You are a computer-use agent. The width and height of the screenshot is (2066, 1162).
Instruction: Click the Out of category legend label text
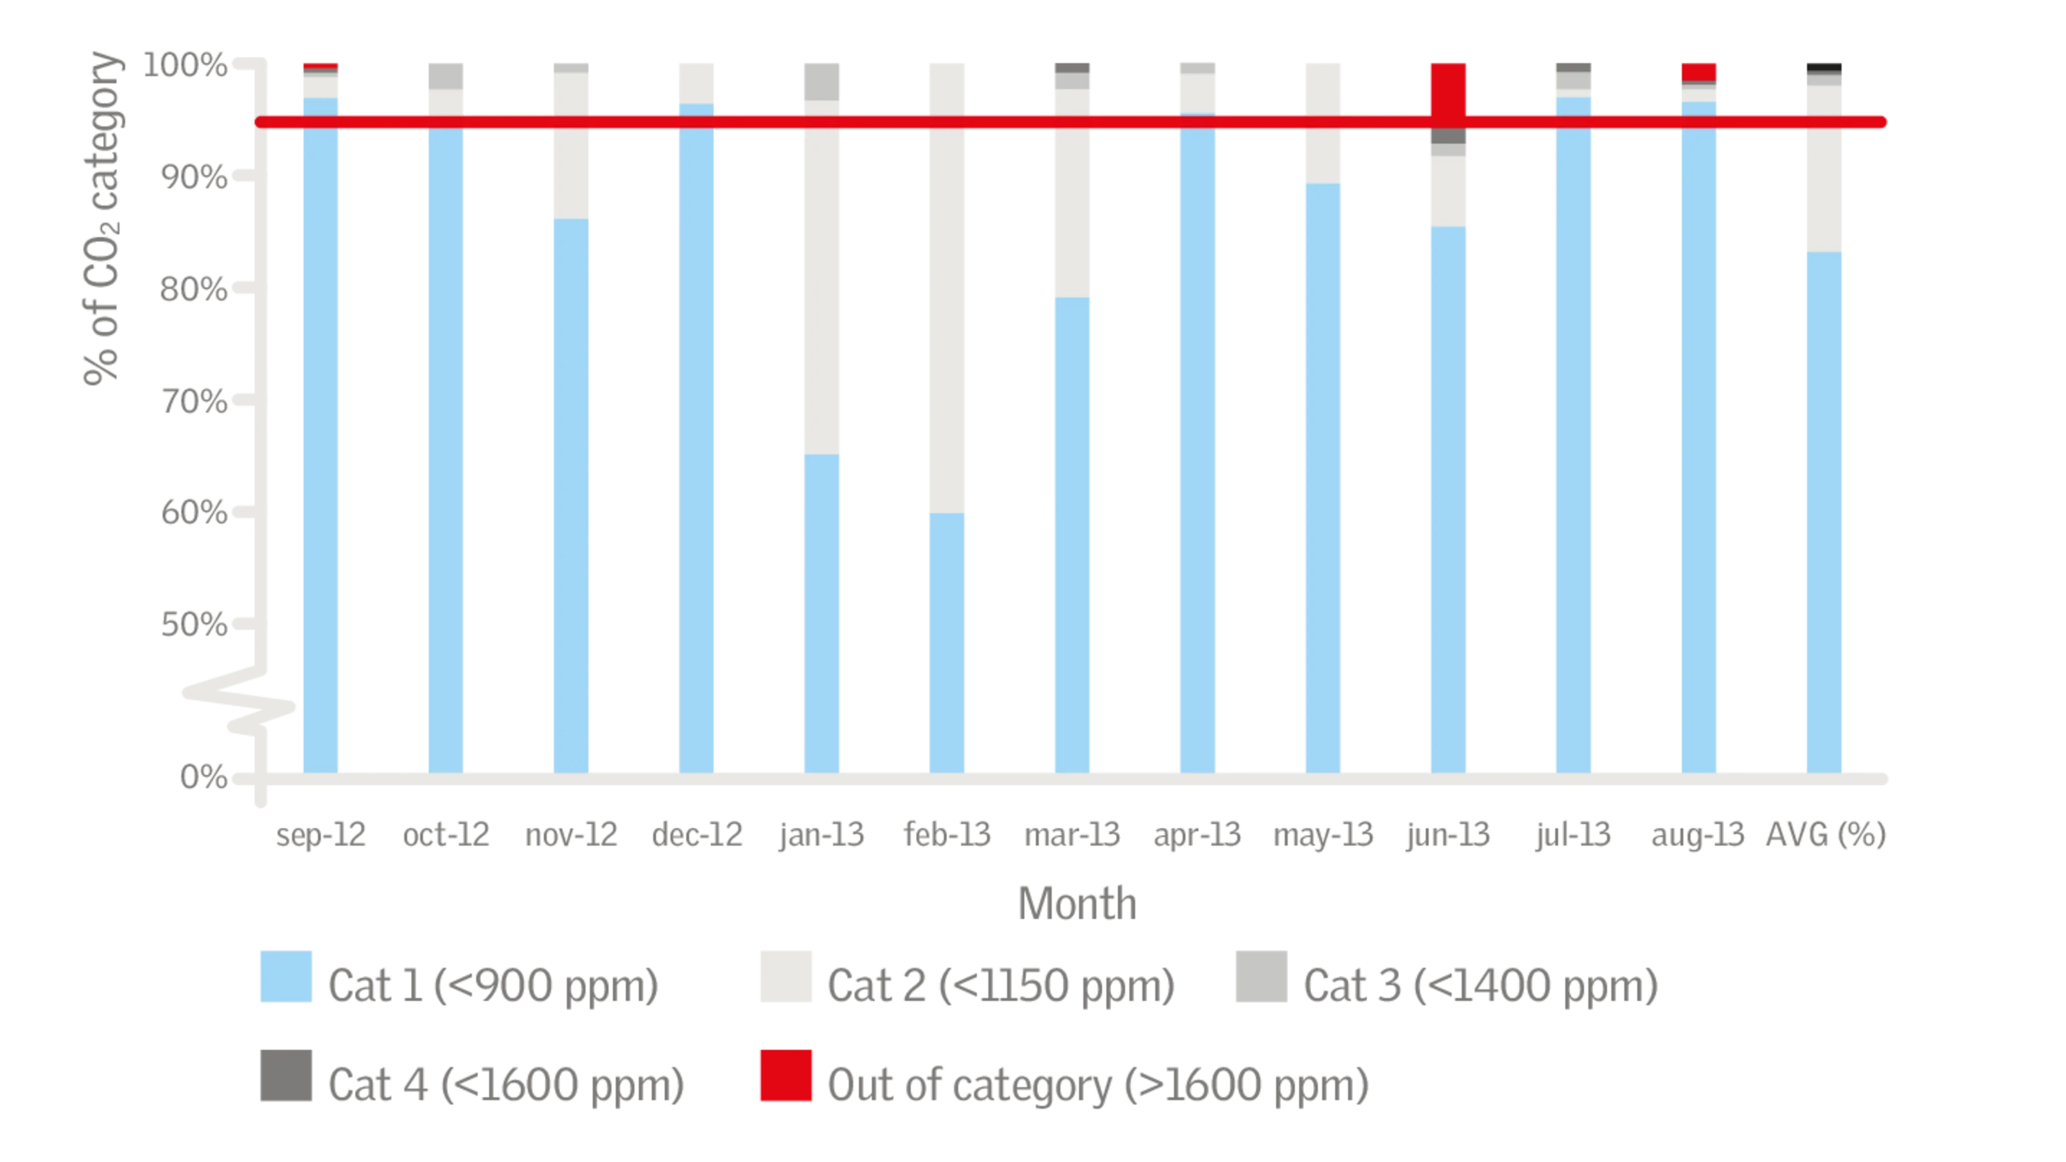click(1099, 1084)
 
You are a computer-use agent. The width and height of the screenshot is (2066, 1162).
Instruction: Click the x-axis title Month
click(1075, 902)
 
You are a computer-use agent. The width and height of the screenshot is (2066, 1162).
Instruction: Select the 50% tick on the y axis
click(196, 625)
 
